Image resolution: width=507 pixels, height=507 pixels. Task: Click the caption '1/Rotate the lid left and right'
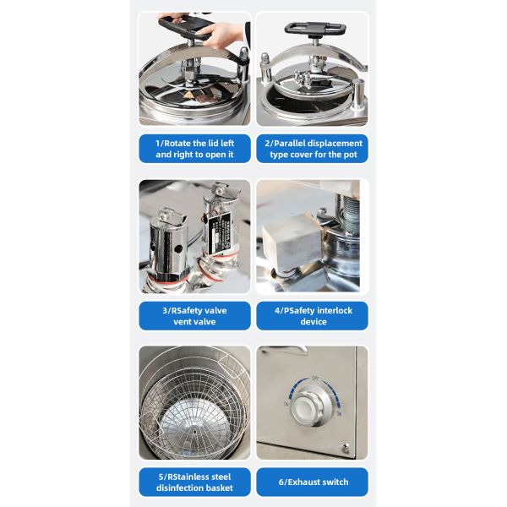point(194,149)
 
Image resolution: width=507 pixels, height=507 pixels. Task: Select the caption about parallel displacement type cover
point(312,149)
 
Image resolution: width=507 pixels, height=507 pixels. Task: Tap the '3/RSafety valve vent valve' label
point(194,316)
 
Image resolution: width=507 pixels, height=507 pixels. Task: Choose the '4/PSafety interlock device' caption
point(312,316)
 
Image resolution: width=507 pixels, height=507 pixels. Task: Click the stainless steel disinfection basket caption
point(194,482)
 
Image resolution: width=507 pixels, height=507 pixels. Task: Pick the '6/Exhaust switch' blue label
point(312,482)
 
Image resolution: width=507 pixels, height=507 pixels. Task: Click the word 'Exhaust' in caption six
point(309,482)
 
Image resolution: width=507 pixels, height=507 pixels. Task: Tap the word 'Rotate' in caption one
point(183,143)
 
